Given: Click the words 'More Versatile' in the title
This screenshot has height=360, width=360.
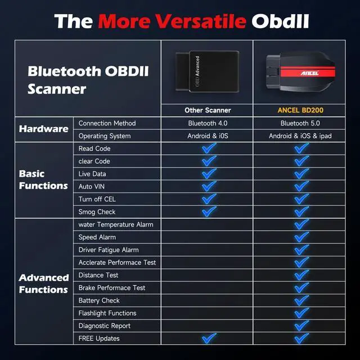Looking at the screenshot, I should coord(172,21).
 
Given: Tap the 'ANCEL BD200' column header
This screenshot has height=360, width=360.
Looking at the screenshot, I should coord(301,110).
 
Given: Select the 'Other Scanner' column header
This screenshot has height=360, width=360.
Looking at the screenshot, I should coord(208,110).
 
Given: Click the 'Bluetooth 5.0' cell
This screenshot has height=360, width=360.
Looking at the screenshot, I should coord(301,123).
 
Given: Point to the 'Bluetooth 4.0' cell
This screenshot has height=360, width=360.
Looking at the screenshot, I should coord(208,123).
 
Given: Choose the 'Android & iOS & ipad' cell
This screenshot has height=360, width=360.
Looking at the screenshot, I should coord(301,136).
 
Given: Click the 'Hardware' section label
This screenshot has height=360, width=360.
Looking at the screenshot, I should coord(43,129).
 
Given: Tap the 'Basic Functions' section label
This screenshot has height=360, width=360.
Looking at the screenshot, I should coord(43,179).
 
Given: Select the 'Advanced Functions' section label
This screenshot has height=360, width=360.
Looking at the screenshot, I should coord(43,283).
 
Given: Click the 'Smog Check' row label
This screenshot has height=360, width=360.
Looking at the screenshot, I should coord(97,212).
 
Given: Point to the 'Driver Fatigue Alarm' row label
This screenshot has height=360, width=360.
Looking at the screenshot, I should coord(109,250).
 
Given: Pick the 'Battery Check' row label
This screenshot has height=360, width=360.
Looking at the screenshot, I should coord(99,300).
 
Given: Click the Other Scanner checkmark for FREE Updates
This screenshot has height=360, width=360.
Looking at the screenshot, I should coord(209,338).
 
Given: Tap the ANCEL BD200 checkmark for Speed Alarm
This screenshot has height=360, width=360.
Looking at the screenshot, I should coord(301,237).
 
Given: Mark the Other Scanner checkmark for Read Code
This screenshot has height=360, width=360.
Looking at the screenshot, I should coord(209,148).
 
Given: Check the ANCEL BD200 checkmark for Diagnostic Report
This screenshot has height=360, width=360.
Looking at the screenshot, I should coord(301,325).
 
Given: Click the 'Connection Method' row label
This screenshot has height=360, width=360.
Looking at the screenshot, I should coord(107,123).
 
